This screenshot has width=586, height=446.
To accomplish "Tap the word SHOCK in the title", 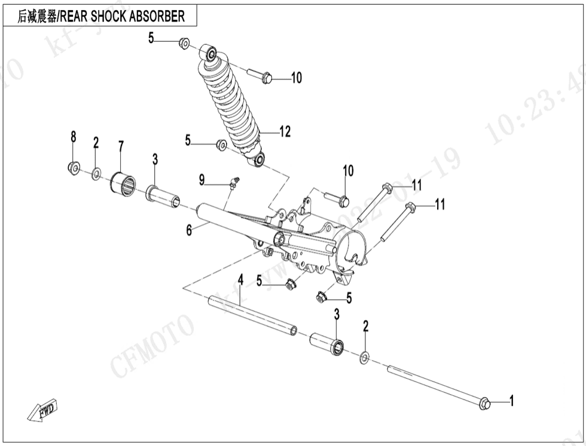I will pyautogui.click(x=109, y=16).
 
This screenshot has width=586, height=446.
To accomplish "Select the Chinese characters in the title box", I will pyautogui.click(x=36, y=16).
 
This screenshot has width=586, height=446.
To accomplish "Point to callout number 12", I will pyautogui.click(x=285, y=131).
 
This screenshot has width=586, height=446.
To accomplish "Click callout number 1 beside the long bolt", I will pyautogui.click(x=511, y=401).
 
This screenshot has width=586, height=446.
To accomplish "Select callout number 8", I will pyautogui.click(x=74, y=137).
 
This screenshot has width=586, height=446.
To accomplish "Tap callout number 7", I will pyautogui.click(x=121, y=146).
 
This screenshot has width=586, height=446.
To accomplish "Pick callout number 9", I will pyautogui.click(x=202, y=179).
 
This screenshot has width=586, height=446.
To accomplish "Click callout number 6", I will pyautogui.click(x=189, y=230).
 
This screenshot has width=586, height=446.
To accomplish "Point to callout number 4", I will pyautogui.click(x=240, y=279).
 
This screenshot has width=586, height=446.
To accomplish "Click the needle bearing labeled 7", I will pyautogui.click(x=122, y=182).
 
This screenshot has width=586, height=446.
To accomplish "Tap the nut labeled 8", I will pyautogui.click(x=74, y=168).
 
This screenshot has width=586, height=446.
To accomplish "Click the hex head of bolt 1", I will pyautogui.click(x=485, y=404).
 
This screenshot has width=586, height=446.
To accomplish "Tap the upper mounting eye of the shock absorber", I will pyautogui.click(x=210, y=54).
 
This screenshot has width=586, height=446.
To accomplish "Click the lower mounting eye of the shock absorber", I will pyautogui.click(x=258, y=160).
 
